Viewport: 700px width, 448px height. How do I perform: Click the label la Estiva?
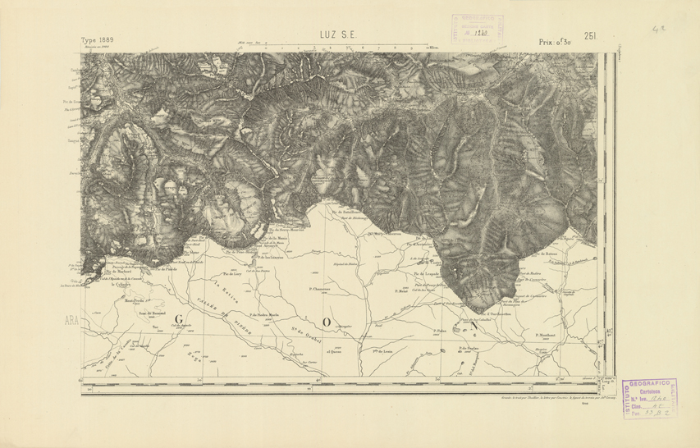pyautogui.click(x=220, y=287)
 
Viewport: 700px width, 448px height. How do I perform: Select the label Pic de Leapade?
pyautogui.click(x=428, y=273)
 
